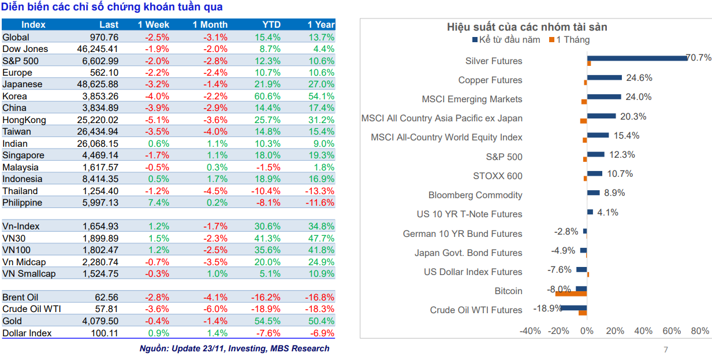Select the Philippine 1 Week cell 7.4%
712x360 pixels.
(x=159, y=203)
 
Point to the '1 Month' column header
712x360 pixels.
(x=210, y=25)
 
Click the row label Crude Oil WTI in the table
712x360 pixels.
(x=32, y=309)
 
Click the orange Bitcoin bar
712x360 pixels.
(x=571, y=294)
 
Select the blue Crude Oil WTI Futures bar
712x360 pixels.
(x=573, y=307)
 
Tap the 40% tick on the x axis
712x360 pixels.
(x=643, y=331)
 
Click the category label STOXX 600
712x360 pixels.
(x=497, y=176)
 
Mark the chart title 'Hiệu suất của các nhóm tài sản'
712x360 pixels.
(x=527, y=27)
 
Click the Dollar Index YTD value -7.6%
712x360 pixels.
(x=269, y=333)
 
